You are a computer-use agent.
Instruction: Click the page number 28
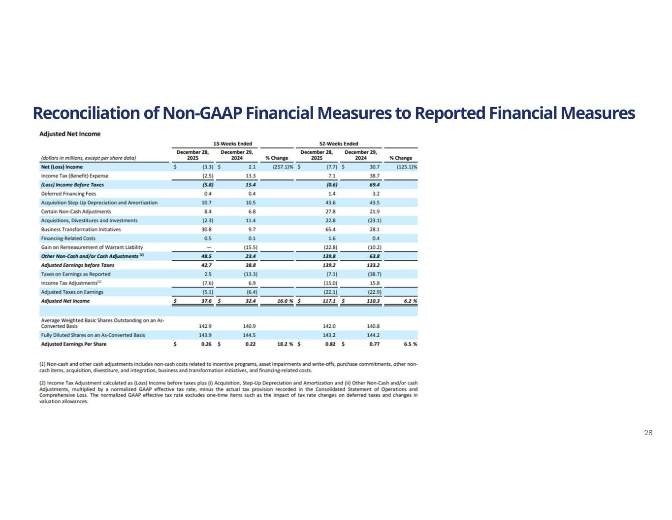648,433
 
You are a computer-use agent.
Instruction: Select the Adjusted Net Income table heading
69,134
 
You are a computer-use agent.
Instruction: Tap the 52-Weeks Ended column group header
339,143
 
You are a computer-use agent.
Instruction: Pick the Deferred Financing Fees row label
68,194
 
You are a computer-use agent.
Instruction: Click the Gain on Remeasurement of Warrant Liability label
92,247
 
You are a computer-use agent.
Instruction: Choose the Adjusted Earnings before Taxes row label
77,265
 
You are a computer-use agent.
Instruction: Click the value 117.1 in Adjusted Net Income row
329,301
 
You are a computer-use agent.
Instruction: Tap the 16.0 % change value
285,301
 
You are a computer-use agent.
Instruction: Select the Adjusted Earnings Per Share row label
73,344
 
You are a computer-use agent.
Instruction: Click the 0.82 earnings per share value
330,344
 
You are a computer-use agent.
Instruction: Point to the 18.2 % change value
285,344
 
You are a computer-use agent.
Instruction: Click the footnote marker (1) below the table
43,364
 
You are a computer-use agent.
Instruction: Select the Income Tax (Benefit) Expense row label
74,176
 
